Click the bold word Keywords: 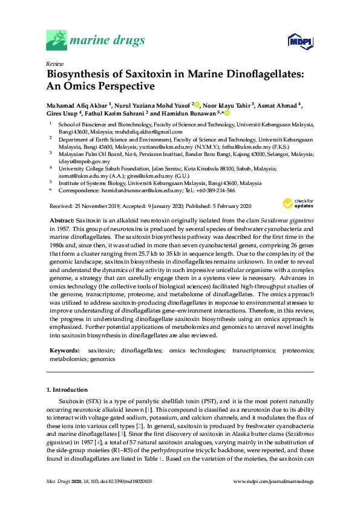pyautogui.click(x=65, y=350)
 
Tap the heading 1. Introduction pyautogui.click(x=67, y=390)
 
